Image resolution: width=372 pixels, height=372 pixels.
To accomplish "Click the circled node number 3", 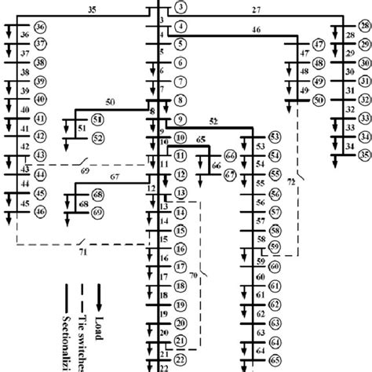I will coord(181,8).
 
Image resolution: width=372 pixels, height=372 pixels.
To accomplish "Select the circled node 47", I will coord(318,45).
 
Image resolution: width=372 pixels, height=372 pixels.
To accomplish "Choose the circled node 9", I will coord(181,120).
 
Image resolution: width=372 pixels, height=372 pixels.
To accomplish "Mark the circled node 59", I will coord(274,247).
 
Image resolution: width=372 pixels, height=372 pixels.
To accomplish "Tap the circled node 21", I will coord(181,341).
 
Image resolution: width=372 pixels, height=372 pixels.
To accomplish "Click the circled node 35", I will coord(363,155).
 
